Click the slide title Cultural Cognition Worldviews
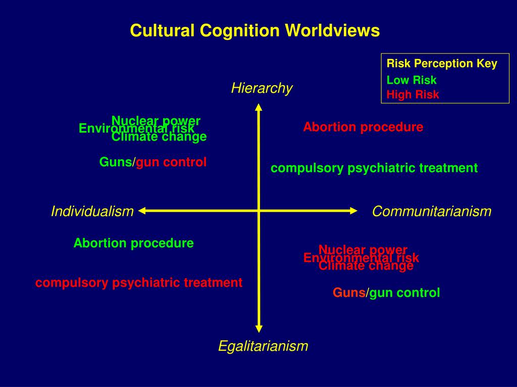pyautogui.click(x=254, y=31)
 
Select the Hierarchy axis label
pyautogui.click(x=262, y=88)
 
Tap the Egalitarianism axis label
pyautogui.click(x=263, y=346)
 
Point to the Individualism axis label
pyautogui.click(x=92, y=212)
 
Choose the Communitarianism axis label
pyautogui.click(x=432, y=212)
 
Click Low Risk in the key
pyautogui.click(x=411, y=80)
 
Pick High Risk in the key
pyautogui.click(x=412, y=94)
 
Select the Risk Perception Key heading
pyautogui.click(x=442, y=63)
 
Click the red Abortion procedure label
pyautogui.click(x=363, y=127)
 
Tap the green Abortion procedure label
pyautogui.click(x=134, y=243)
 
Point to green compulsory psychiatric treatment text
pyautogui.click(x=374, y=168)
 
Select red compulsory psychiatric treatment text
pyautogui.click(x=139, y=283)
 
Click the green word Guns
pyautogui.click(x=116, y=162)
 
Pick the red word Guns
pyautogui.click(x=349, y=293)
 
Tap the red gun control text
pyautogui.click(x=172, y=162)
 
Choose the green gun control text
pyautogui.click(x=405, y=293)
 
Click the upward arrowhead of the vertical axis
pyautogui.click(x=258, y=107)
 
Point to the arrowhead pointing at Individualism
pyautogui.click(x=143, y=211)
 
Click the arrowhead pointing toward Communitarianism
pyautogui.click(x=353, y=211)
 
